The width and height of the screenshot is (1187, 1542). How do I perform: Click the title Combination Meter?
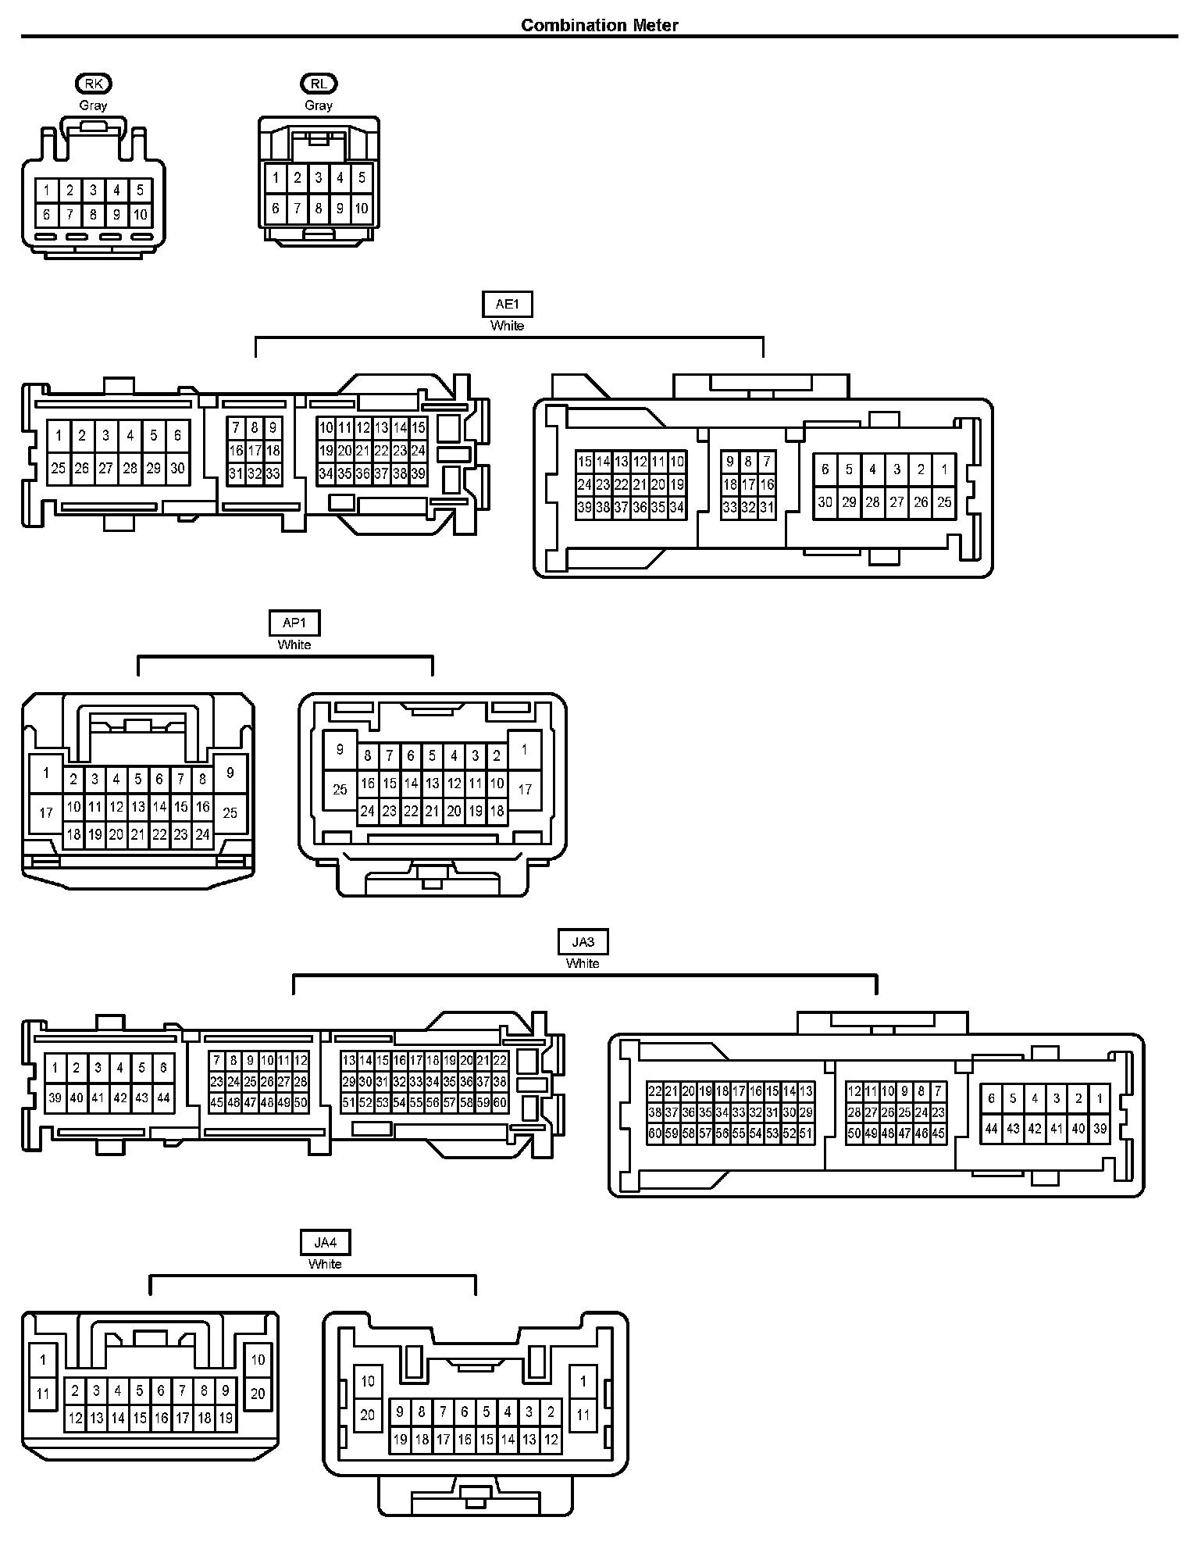coord(599,25)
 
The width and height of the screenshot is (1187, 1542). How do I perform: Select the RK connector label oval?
coord(93,84)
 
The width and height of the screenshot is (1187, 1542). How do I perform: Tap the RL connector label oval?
coord(319,84)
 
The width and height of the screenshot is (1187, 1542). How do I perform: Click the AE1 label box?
coord(508,305)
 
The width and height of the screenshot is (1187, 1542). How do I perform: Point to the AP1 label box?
coord(294,623)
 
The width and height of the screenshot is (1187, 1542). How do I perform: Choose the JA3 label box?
coord(583,942)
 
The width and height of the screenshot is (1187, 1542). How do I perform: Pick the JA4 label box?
coord(325,1242)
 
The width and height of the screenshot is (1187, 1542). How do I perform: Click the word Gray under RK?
coord(93,105)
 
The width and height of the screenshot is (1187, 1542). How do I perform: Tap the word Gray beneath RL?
coord(319,105)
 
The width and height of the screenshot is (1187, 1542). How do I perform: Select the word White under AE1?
coord(508,326)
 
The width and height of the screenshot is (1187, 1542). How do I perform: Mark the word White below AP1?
coord(294,644)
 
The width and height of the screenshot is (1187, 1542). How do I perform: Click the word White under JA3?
coord(583,963)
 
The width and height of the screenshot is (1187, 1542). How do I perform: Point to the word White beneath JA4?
coord(325,1263)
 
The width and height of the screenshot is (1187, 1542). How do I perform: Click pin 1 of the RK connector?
coord(47,190)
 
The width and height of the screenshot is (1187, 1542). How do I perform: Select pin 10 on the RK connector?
coord(141,215)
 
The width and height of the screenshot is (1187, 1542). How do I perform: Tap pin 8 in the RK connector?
coord(94,215)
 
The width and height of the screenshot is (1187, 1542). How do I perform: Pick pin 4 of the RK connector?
coord(117,190)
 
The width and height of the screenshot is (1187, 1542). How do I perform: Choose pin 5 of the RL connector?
coord(362,178)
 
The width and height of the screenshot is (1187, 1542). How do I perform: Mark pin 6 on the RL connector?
coord(276,209)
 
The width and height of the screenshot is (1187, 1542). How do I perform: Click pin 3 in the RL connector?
coord(319,178)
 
